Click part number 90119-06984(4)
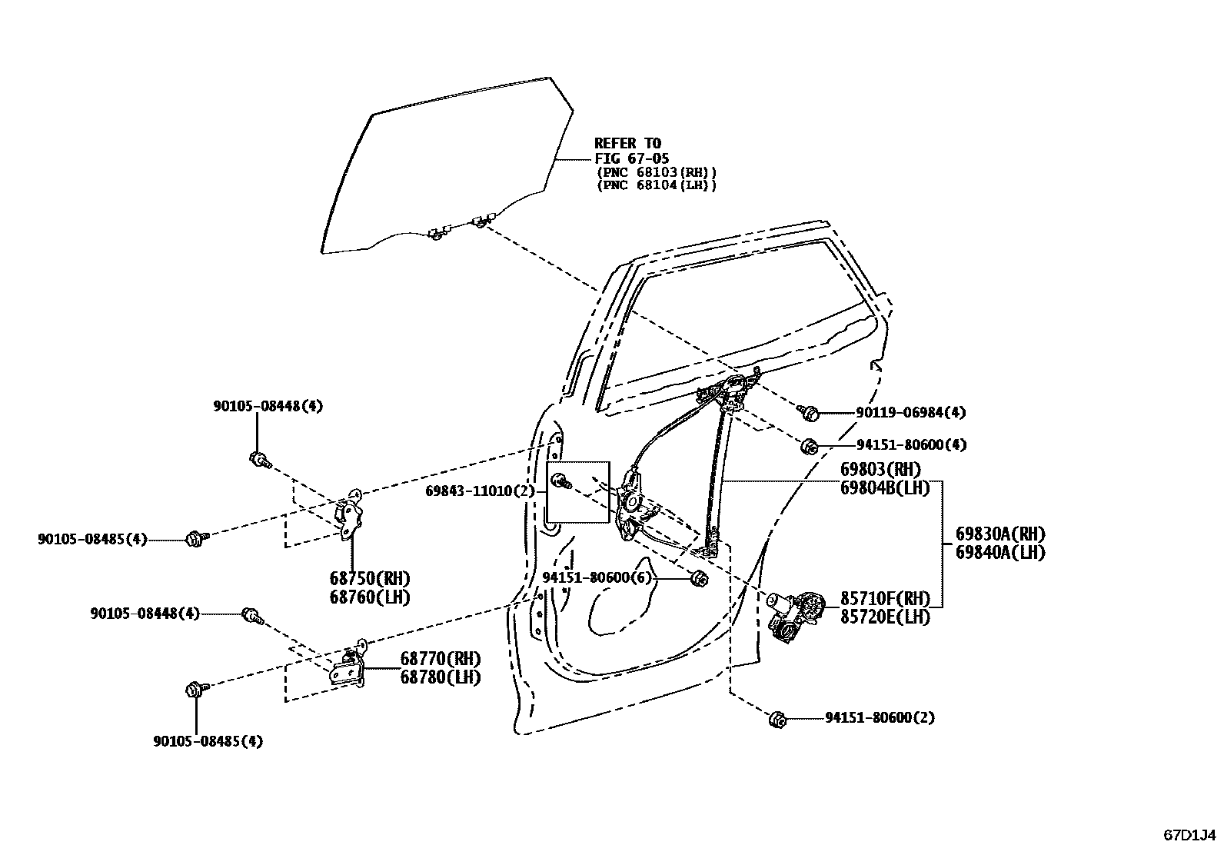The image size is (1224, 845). [910, 413]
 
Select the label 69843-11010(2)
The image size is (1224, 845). [480, 491]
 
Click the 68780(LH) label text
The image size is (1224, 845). [440, 677]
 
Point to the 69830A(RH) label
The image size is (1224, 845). [1000, 534]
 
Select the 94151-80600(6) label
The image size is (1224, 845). [597, 577]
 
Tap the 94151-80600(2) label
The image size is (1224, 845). [880, 717]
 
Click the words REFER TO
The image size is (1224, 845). [627, 143]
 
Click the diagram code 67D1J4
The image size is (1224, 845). [1189, 834]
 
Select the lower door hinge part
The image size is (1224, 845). [350, 667]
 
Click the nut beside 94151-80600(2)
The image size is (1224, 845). [777, 720]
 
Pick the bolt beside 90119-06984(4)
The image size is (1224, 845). [809, 414]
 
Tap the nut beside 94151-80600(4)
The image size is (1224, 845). [809, 446]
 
